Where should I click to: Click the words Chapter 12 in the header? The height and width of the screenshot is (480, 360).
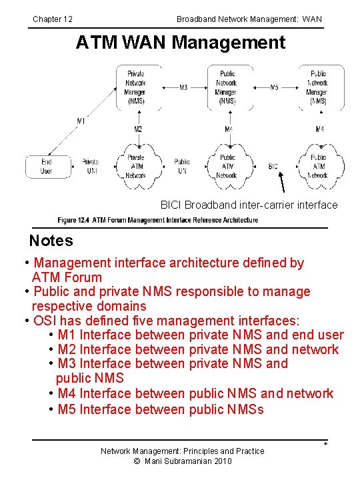coord(53,19)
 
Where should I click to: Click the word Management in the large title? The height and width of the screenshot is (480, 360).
coord(229,43)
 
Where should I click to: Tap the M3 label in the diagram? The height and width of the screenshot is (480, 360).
coord(183,87)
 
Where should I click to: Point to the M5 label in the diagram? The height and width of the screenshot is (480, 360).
coord(274,87)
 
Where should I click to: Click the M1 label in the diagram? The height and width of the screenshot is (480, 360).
coord(81,121)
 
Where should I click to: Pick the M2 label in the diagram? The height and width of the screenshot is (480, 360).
coord(137,129)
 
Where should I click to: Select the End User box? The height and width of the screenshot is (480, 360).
coord(46,166)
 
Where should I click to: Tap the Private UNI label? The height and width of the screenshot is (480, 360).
coord(90,166)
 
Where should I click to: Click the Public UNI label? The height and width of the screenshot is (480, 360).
coord(182,166)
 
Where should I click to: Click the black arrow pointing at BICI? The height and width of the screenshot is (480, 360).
coord(283,181)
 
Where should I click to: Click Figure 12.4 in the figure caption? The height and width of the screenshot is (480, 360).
coord(73,220)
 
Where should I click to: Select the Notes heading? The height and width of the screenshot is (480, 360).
coord(51,241)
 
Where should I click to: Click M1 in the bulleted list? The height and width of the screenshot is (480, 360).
coord(67,335)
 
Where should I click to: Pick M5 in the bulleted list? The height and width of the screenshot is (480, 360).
coord(67,409)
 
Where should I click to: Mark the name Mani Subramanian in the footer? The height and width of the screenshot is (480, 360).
coord(175,461)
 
